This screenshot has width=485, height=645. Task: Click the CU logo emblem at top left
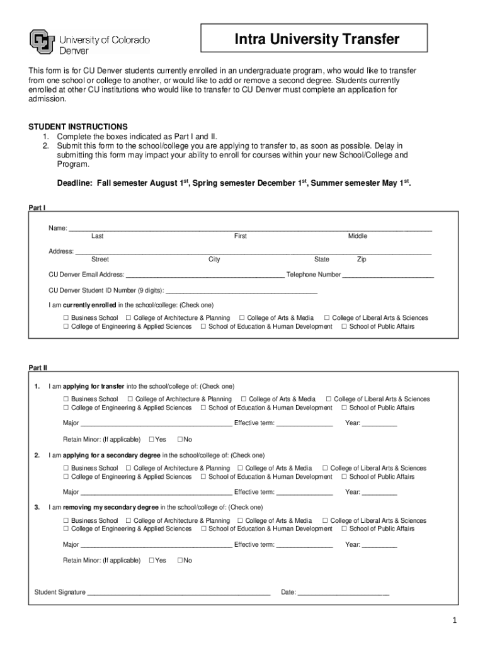(x=42, y=42)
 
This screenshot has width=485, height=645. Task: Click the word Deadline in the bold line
(x=75, y=183)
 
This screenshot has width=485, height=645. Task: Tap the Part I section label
(x=37, y=207)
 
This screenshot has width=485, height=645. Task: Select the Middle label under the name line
(x=357, y=236)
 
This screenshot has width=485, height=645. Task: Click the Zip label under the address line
(x=361, y=260)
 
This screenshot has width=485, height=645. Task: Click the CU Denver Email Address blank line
(x=205, y=275)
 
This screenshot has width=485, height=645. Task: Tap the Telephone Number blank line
(x=388, y=275)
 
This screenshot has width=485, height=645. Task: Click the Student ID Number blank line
(x=242, y=291)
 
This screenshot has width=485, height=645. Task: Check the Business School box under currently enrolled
(x=66, y=318)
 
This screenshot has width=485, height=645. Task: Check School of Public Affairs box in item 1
(x=344, y=408)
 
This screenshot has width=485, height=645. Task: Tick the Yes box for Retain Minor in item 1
(x=151, y=439)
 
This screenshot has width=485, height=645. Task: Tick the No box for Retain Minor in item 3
(x=180, y=560)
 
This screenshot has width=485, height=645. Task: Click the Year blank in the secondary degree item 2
(x=379, y=493)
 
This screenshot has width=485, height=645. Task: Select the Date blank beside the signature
(x=343, y=593)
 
